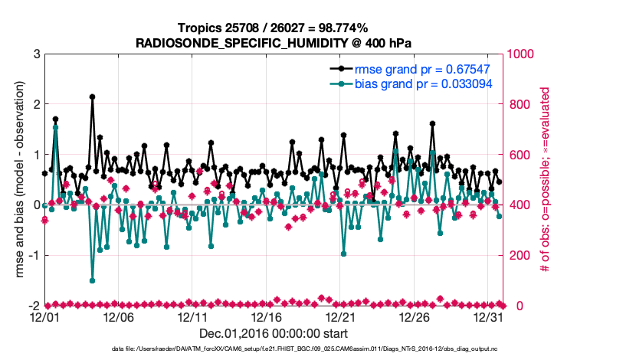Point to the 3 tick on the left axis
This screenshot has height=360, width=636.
pos(36,54)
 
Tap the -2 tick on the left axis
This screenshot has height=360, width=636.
pos(34,306)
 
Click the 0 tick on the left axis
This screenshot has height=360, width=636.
pos(36,205)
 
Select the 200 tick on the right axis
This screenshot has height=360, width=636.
pos(520,255)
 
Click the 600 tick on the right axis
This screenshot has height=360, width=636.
pos(520,155)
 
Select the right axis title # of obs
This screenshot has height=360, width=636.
pos(546,179)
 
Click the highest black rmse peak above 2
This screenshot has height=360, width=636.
pos(92,97)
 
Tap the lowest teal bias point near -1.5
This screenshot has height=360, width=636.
pos(92,280)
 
